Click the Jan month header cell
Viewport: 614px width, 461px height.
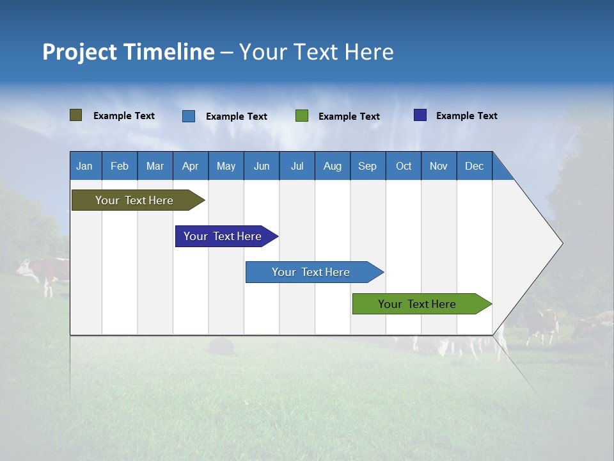(x=85, y=166)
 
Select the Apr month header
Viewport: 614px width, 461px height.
(x=191, y=166)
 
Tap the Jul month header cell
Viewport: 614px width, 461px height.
(x=297, y=166)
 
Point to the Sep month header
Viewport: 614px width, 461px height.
(x=368, y=166)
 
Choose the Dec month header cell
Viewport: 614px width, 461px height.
(x=474, y=166)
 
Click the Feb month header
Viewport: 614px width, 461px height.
(x=120, y=166)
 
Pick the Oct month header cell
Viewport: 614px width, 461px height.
(x=404, y=166)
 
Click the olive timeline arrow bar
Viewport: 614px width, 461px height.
(x=134, y=200)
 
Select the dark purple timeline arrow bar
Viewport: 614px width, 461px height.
(x=223, y=236)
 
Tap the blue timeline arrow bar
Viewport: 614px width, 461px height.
(x=311, y=272)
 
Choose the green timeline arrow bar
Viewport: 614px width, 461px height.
(x=417, y=304)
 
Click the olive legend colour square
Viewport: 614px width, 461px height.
(x=75, y=115)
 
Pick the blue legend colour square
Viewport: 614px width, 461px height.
(x=188, y=116)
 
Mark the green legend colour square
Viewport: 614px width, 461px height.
(x=302, y=116)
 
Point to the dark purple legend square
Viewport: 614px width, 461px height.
(x=420, y=115)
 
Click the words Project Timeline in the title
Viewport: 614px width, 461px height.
(x=128, y=52)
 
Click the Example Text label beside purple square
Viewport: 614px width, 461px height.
(x=466, y=116)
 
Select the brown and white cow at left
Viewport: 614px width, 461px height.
(x=43, y=272)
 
